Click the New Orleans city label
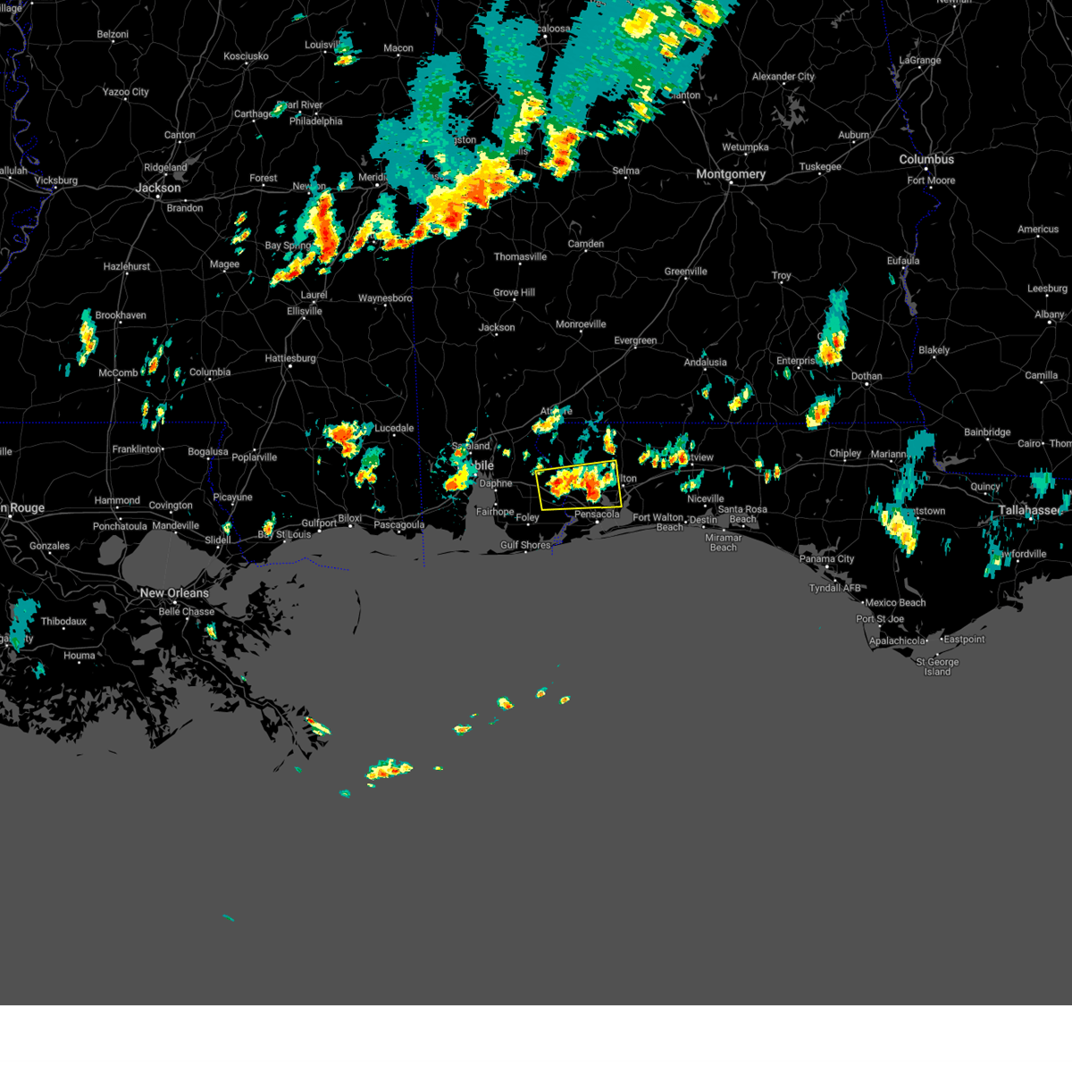click(x=173, y=593)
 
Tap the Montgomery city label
click(x=731, y=174)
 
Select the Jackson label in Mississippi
click(x=158, y=188)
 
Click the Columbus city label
click(x=926, y=159)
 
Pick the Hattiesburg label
click(x=290, y=358)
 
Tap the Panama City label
click(x=826, y=559)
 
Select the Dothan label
click(x=867, y=376)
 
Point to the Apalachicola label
click(x=897, y=641)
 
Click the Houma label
click(x=79, y=656)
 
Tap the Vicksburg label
click(x=55, y=180)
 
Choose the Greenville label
click(x=685, y=272)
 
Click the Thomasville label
click(x=520, y=257)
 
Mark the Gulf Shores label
click(x=525, y=545)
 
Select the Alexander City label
click(x=783, y=77)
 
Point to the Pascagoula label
click(x=398, y=525)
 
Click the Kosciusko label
click(x=246, y=56)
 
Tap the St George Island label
click(x=937, y=666)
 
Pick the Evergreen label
click(x=635, y=340)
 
